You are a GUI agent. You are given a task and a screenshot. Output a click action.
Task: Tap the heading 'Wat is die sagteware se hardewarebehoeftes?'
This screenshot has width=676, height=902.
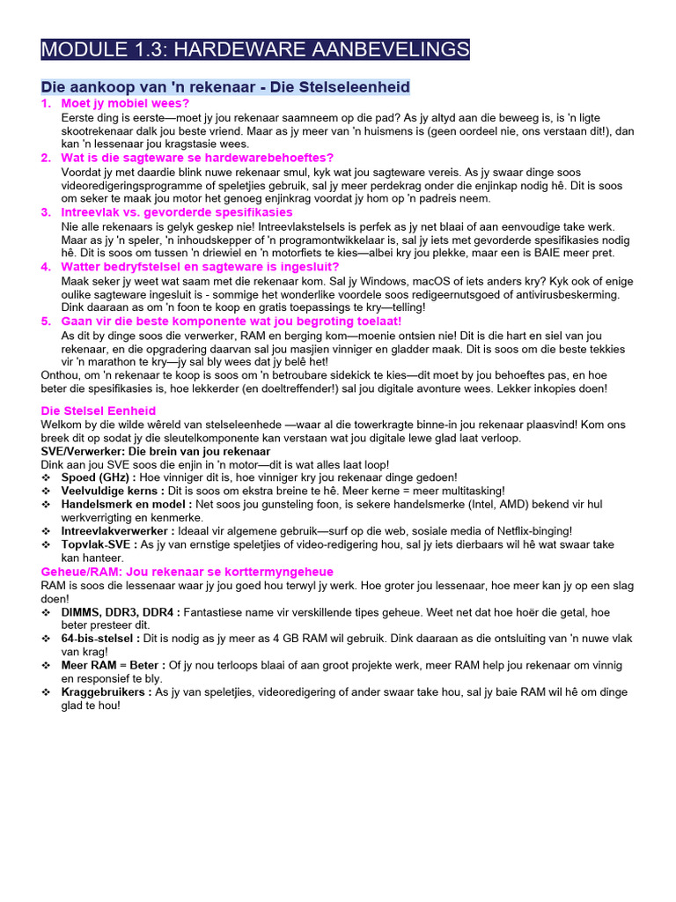(190, 158)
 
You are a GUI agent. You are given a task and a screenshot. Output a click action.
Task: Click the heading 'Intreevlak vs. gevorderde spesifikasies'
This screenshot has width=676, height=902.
(177, 212)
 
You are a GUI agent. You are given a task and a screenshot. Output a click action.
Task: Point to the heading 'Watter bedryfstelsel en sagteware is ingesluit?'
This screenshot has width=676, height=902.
(200, 267)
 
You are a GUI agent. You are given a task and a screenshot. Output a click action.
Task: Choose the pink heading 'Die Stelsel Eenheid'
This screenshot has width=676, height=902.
(99, 410)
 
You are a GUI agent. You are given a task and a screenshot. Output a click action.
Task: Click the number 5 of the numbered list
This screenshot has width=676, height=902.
(46, 322)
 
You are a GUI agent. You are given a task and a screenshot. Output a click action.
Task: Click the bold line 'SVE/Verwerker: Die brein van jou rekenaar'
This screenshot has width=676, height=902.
(156, 451)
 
